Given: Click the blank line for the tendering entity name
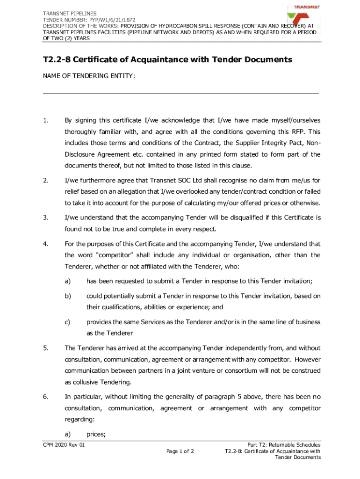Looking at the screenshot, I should click(180, 93).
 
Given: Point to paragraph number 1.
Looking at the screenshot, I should click(45, 121).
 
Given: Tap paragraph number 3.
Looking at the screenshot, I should click(45, 218).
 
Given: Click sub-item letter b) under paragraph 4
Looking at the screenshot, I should click(68, 296).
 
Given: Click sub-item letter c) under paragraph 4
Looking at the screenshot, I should click(68, 322).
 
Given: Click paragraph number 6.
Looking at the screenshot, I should click(45, 397).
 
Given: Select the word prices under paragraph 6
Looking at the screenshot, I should click(96, 435).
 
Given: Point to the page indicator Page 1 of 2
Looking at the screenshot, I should click(180, 451).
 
